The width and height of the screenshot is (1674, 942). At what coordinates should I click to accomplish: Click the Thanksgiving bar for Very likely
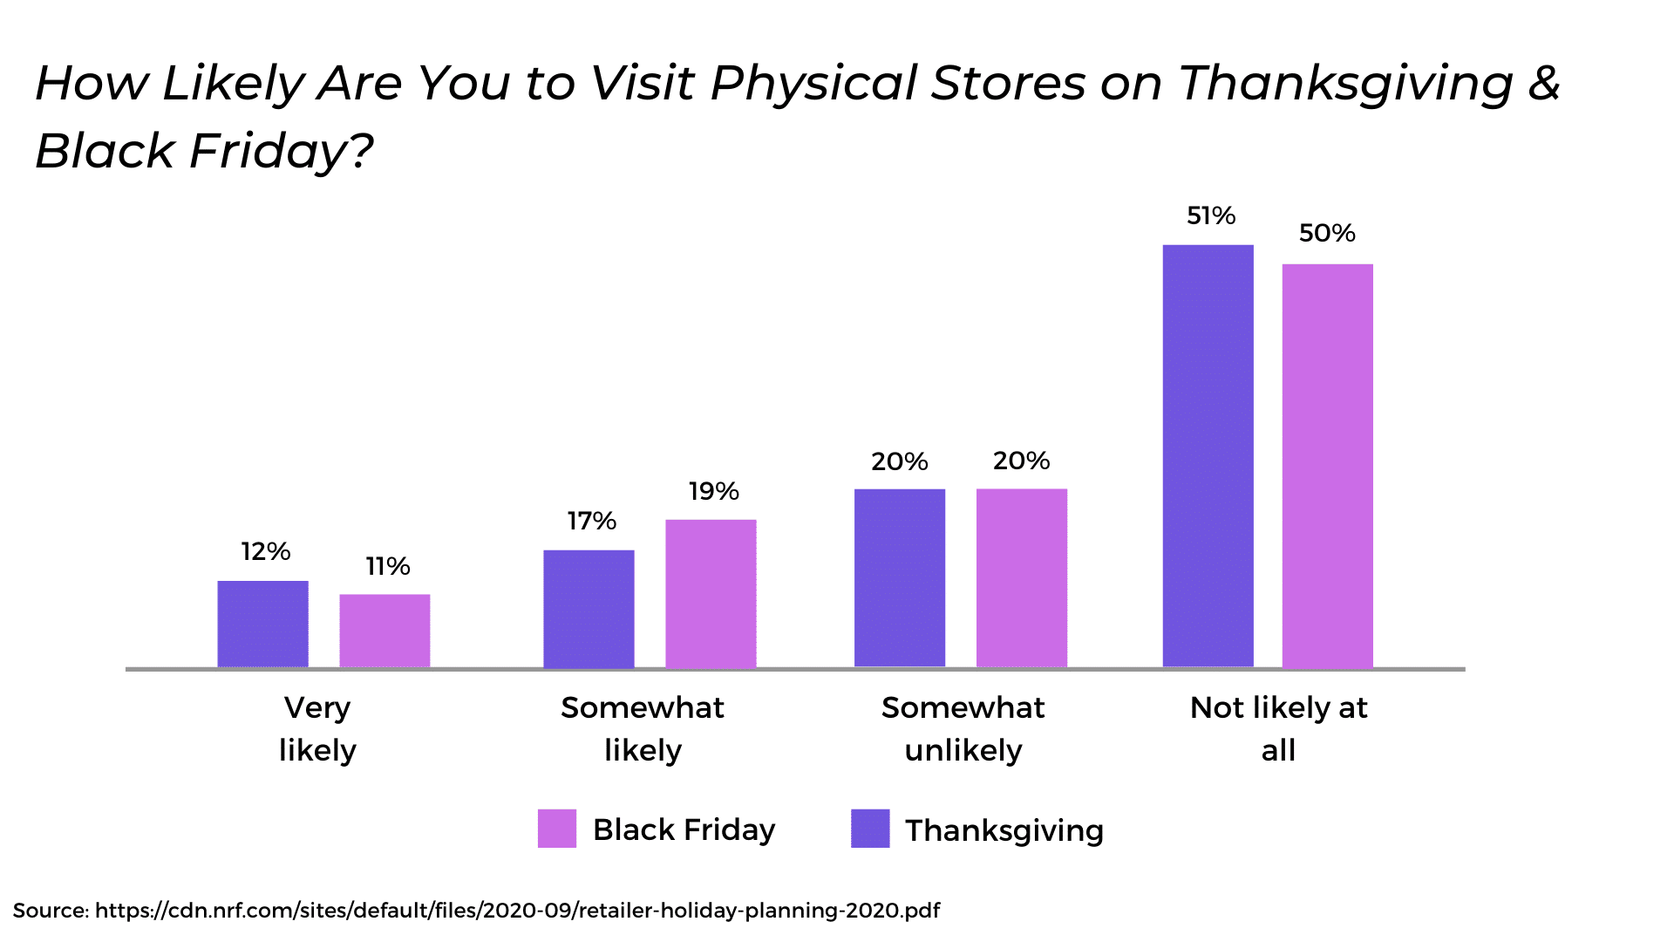(262, 625)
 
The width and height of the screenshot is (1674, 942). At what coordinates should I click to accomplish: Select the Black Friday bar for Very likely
(384, 631)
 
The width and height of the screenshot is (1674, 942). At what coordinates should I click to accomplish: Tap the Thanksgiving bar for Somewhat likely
(589, 610)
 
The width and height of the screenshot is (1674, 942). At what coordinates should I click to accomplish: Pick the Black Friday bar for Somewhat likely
(711, 594)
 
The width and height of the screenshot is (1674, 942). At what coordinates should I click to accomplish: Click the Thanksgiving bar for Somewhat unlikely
(900, 578)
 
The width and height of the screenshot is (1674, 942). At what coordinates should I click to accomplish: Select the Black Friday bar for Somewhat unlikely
(1022, 578)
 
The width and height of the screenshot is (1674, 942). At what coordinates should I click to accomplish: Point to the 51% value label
(1211, 215)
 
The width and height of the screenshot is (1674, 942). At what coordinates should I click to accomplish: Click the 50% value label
(1327, 233)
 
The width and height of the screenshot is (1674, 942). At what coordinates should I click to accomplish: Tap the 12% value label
(266, 551)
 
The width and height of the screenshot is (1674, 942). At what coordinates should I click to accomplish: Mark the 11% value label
(388, 566)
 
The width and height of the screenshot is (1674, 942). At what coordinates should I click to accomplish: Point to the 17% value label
(592, 521)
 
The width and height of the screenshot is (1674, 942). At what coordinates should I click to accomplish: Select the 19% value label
(714, 491)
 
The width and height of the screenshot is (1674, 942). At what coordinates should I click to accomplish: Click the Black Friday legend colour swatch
(557, 829)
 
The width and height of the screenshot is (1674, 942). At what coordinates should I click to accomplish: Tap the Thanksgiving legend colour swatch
(870, 829)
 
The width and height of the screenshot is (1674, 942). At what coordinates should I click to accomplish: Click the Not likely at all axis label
(1279, 728)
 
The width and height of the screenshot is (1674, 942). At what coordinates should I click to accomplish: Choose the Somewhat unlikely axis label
(963, 728)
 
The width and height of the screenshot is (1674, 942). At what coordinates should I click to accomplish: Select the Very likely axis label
(317, 728)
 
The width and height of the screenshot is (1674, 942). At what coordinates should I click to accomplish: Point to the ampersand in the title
(1543, 82)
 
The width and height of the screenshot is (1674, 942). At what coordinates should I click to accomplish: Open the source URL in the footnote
(518, 911)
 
